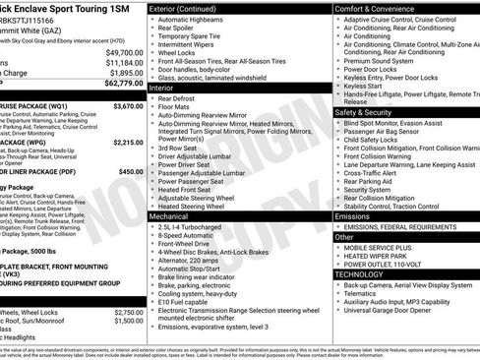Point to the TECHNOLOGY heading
364,275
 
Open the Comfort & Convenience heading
380,8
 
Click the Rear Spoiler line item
182,30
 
